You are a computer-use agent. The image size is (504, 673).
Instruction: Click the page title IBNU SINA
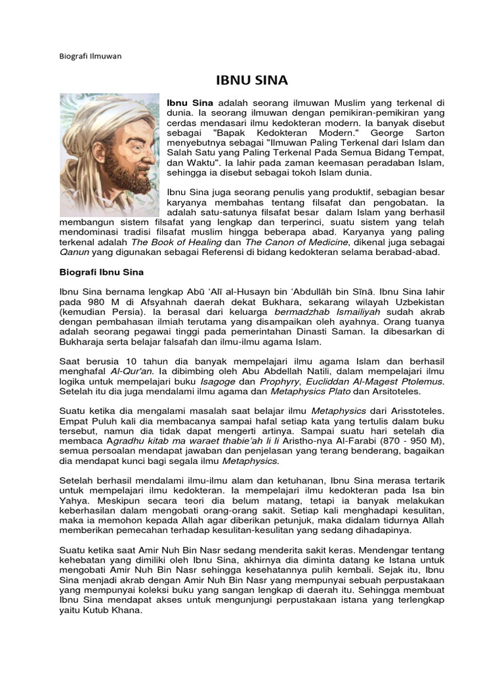coord(252,81)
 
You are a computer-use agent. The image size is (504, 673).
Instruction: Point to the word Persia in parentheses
coord(132,312)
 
